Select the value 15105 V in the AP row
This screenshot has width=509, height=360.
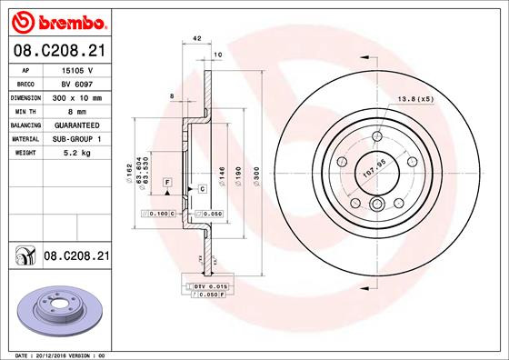click(x=76, y=69)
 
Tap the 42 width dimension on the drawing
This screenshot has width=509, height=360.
click(x=196, y=38)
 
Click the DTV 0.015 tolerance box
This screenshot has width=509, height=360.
click(x=211, y=286)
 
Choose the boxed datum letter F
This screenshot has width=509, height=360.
click(x=167, y=183)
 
